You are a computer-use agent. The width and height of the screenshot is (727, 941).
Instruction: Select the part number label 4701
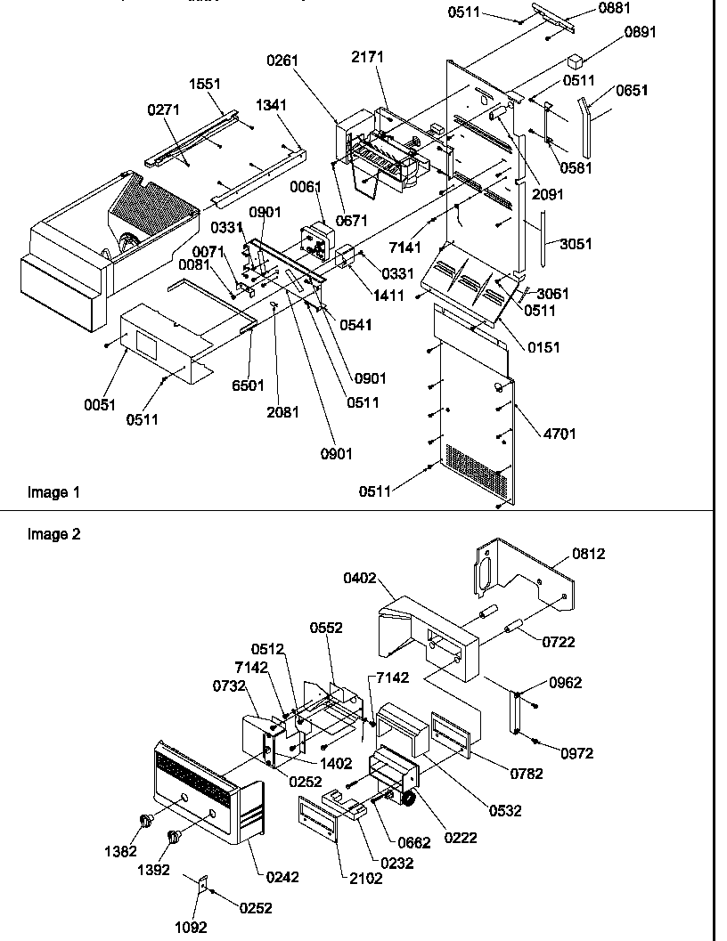point(560,434)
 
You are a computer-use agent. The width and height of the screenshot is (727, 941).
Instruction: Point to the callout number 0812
point(589,554)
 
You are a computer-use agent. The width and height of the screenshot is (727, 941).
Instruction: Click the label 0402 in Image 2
point(361,578)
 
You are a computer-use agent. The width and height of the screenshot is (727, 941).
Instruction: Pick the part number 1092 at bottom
point(190,927)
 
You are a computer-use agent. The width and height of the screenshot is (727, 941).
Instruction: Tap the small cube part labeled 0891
point(576,61)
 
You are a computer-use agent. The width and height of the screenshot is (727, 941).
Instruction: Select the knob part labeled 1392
point(173,837)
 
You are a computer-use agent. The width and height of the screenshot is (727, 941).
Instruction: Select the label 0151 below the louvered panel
point(543,347)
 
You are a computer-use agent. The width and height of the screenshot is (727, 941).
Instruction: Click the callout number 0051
point(101,404)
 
